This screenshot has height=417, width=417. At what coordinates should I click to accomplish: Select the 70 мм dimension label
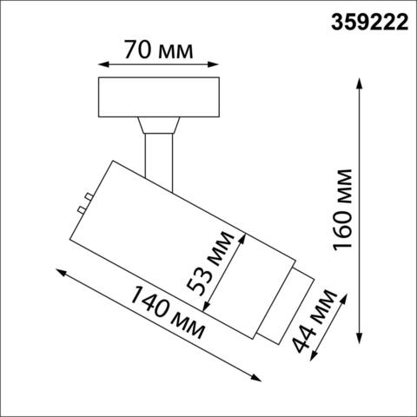pos(157,49)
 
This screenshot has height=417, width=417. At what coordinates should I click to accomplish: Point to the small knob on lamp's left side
pos(83,203)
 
